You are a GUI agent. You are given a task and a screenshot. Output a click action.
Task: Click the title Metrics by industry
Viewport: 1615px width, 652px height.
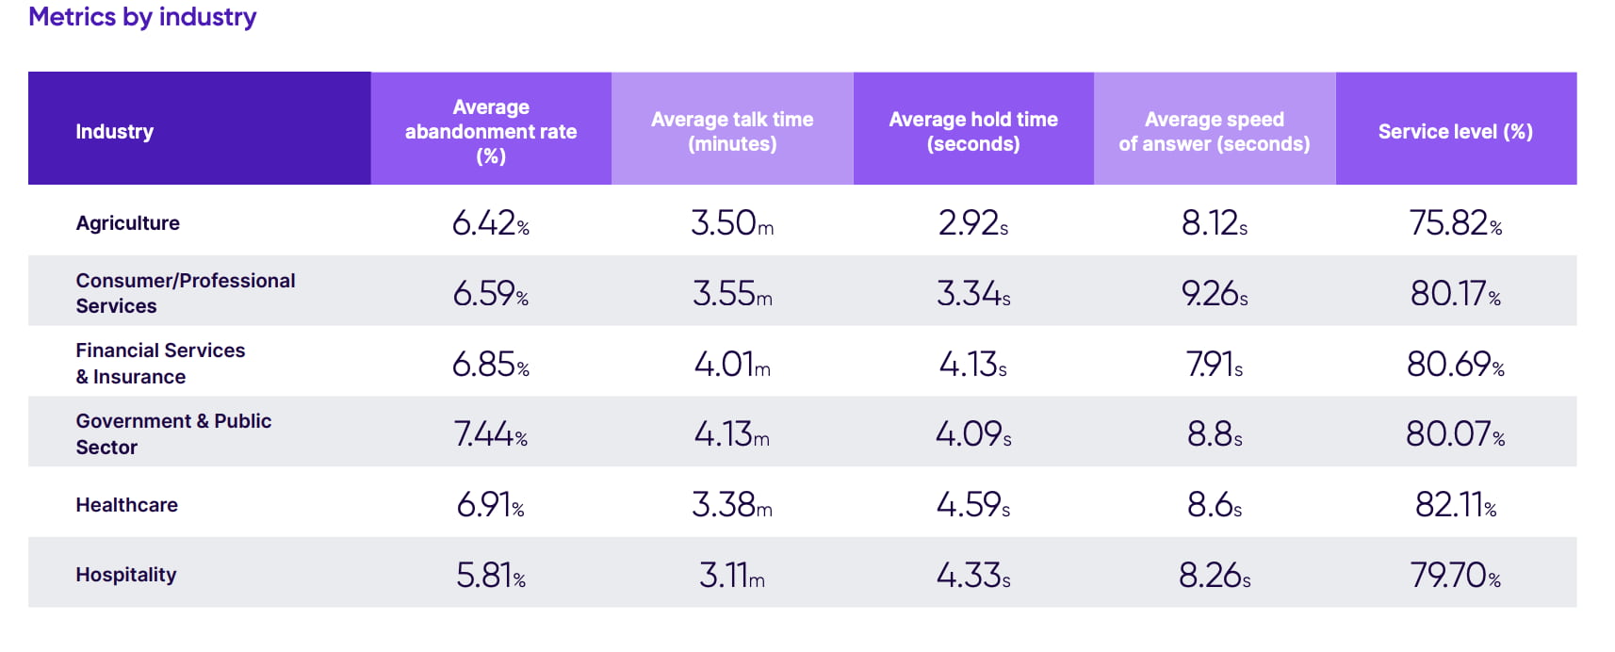click(x=142, y=17)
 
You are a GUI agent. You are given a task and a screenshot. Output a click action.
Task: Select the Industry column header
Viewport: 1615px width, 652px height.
click(x=114, y=131)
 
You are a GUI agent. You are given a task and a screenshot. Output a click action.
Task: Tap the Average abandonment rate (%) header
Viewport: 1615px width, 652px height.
click(x=491, y=131)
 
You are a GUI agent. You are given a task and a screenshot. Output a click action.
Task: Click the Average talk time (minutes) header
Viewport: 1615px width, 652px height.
click(x=732, y=131)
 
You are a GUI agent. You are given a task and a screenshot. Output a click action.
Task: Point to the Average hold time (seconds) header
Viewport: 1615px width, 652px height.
click(x=973, y=131)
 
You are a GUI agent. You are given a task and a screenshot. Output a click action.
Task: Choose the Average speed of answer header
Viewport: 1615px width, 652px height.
click(x=1214, y=131)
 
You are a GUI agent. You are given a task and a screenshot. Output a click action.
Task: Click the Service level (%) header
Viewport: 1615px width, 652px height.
click(x=1455, y=131)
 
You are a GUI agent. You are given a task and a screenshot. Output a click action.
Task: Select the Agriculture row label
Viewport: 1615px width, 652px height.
click(x=127, y=223)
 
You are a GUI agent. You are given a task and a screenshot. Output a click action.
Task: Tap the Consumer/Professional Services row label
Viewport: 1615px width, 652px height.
click(x=185, y=293)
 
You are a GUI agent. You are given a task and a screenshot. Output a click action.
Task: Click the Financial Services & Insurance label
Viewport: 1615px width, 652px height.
click(x=160, y=364)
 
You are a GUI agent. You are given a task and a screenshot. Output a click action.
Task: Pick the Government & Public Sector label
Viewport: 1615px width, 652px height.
click(x=173, y=433)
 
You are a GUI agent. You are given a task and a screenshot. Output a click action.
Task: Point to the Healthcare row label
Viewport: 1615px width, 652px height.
click(x=126, y=505)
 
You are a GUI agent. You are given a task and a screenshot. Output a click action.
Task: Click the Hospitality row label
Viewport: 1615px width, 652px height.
click(x=125, y=575)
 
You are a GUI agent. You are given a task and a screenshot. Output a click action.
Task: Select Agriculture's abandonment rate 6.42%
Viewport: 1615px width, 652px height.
click(x=490, y=223)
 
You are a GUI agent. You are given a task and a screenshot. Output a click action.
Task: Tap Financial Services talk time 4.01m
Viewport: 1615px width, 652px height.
click(x=732, y=364)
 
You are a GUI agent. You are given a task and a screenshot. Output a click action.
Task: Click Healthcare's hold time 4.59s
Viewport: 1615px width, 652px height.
click(x=972, y=505)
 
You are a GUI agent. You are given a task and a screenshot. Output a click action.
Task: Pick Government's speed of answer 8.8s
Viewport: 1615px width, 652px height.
click(x=1214, y=434)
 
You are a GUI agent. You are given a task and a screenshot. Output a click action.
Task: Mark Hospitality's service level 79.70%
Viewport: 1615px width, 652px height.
click(x=1455, y=575)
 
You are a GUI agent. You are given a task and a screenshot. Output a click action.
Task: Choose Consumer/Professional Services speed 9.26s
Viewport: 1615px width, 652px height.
click(x=1214, y=294)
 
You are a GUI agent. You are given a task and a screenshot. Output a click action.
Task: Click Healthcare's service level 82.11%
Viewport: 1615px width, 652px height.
click(x=1455, y=505)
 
